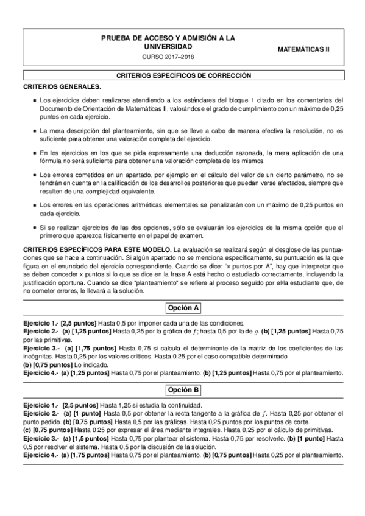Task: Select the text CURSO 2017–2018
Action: pyautogui.click(x=167, y=57)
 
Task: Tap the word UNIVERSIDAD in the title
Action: pyautogui.click(x=167, y=46)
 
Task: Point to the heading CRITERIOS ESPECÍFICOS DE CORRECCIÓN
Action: pyautogui.click(x=183, y=76)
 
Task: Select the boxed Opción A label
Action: pyautogui.click(x=183, y=307)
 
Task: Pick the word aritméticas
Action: pyautogui.click(x=146, y=205)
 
